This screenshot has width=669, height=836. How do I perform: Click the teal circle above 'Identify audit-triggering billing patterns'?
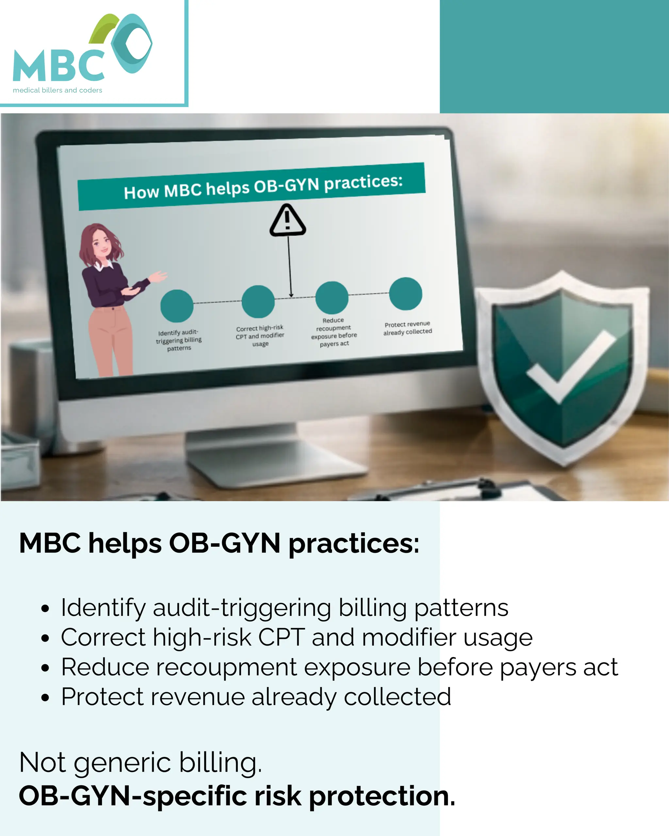pos(177,306)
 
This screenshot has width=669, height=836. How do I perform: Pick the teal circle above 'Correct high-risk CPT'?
pos(258,302)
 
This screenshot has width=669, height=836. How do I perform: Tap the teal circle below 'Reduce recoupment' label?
pos(332,298)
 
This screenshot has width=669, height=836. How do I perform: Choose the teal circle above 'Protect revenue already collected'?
pos(406,294)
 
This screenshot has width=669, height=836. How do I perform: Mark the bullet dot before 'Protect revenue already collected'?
pos(45,698)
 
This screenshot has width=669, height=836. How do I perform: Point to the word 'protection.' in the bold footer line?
pos(382,796)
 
